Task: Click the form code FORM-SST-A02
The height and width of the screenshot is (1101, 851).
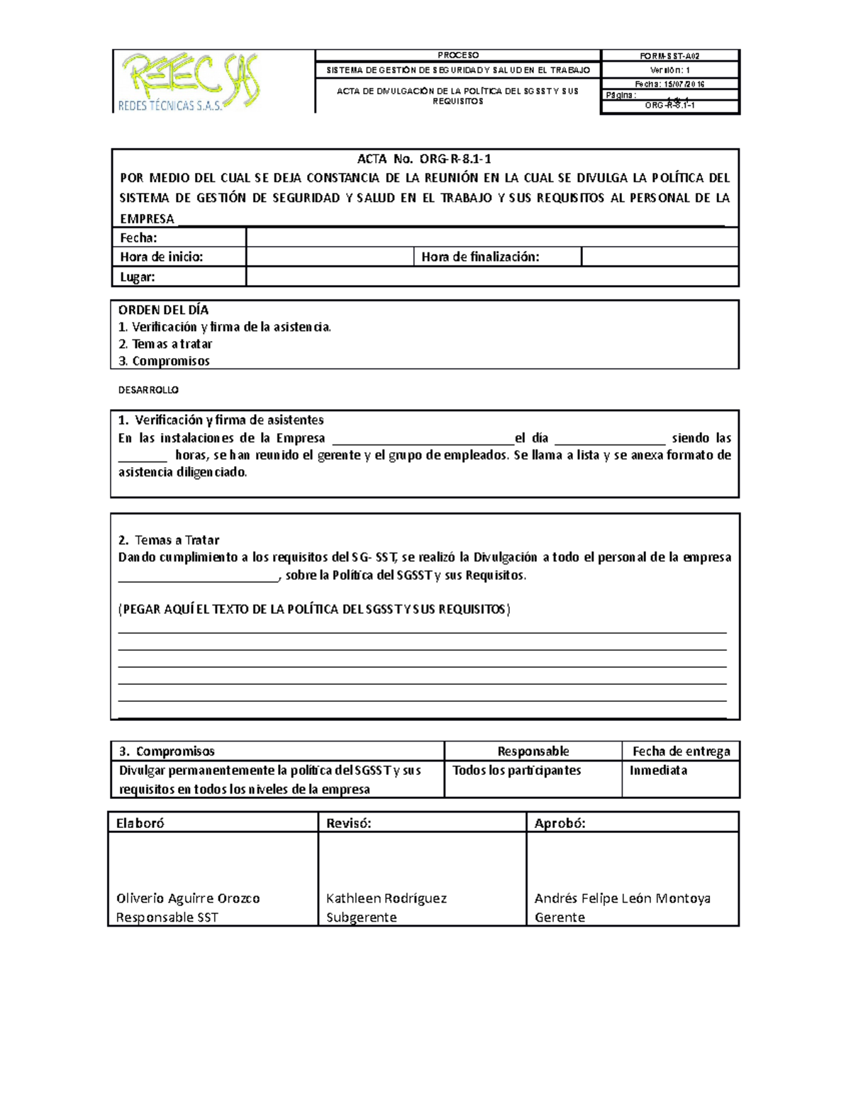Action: click(x=670, y=56)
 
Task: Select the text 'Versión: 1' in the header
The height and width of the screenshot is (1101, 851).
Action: click(x=670, y=70)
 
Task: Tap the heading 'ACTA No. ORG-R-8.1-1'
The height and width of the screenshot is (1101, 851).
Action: click(x=424, y=159)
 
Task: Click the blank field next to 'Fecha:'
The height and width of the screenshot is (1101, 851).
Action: click(x=491, y=237)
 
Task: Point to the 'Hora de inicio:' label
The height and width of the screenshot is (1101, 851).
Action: click(x=162, y=257)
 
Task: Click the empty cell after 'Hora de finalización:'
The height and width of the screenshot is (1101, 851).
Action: click(x=660, y=257)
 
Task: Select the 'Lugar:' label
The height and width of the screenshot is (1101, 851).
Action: click(x=138, y=276)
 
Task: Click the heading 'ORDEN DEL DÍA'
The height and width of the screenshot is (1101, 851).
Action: click(x=164, y=310)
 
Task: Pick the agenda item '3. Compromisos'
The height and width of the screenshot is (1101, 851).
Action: click(x=164, y=361)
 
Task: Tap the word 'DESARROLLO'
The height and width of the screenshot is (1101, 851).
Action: click(x=148, y=390)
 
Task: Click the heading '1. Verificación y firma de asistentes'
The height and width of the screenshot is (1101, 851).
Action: click(x=221, y=420)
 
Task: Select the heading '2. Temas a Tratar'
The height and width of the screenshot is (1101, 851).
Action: click(x=169, y=540)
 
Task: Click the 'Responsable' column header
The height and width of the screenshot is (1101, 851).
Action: click(x=533, y=751)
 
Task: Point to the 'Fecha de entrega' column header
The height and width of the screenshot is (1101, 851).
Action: click(x=681, y=751)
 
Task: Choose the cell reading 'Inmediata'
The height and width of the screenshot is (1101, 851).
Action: click(x=658, y=770)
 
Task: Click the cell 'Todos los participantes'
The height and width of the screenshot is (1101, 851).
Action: click(x=516, y=770)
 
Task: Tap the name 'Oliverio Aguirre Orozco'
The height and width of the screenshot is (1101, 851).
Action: click(x=188, y=898)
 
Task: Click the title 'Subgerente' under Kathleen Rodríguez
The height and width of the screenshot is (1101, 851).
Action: click(x=361, y=917)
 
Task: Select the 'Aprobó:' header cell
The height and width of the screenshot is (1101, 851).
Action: click(x=560, y=822)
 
